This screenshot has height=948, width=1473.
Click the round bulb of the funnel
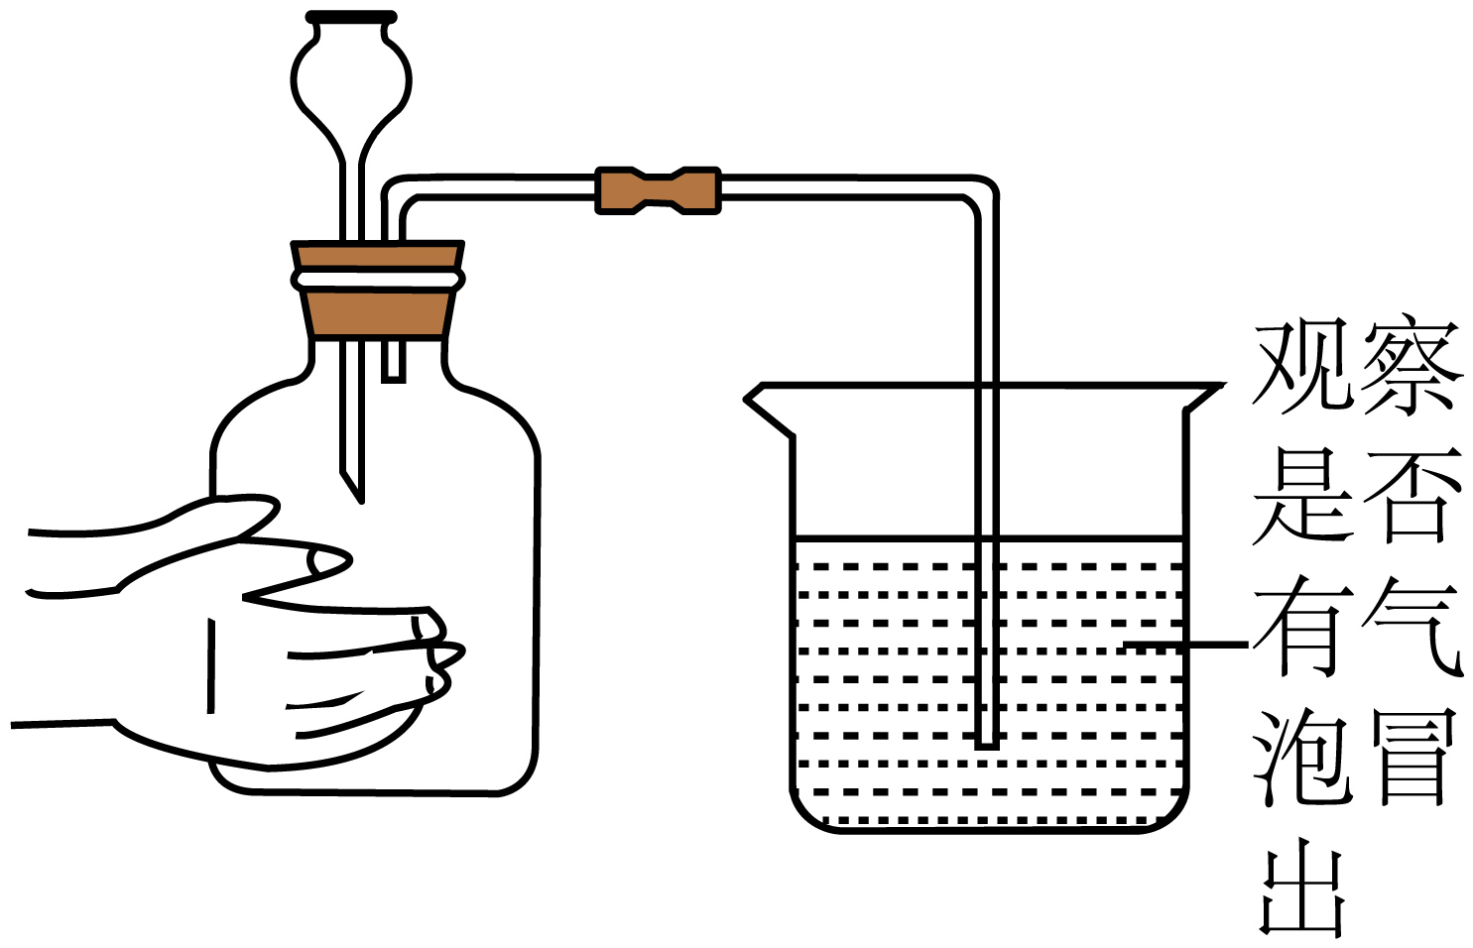pos(351,82)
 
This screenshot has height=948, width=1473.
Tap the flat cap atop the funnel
pos(351,17)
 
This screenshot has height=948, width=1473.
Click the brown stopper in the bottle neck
pos(378,290)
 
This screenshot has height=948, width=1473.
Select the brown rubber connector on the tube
pos(658,190)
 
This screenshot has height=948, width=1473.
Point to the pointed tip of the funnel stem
pos(359,500)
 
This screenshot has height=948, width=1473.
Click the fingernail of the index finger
pos(326,561)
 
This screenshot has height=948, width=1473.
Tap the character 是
pos(1302,497)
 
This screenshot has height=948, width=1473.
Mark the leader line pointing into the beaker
pos(1185,645)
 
